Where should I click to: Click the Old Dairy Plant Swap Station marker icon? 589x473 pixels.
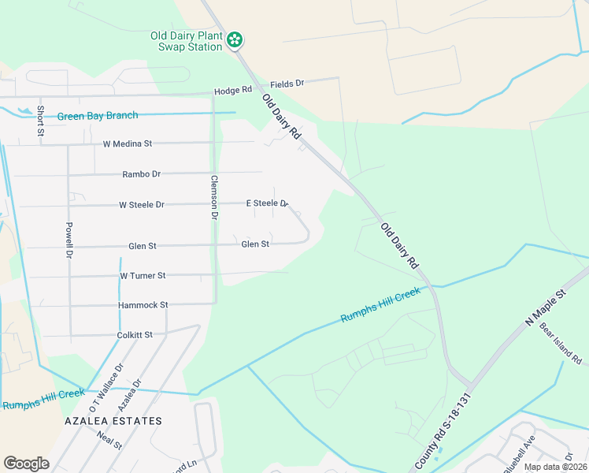(235, 40)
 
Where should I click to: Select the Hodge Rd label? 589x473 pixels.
(232, 92)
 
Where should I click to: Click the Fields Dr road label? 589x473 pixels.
(287, 83)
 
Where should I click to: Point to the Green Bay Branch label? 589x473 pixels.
(98, 116)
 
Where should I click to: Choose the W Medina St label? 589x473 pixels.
(127, 144)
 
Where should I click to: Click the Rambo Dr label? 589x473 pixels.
(141, 174)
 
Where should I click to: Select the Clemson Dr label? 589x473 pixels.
(213, 196)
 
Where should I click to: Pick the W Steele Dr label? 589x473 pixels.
(142, 205)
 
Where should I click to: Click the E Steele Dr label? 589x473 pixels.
(267, 203)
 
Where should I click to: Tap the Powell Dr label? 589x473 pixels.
(69, 239)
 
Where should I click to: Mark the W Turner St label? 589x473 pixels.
(143, 276)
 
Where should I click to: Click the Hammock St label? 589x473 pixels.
(143, 305)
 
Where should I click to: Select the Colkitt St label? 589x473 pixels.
(135, 335)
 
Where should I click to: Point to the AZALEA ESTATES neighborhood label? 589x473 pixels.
(113, 421)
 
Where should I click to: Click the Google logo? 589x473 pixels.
(26, 464)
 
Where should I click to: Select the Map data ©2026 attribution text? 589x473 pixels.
(554, 467)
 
